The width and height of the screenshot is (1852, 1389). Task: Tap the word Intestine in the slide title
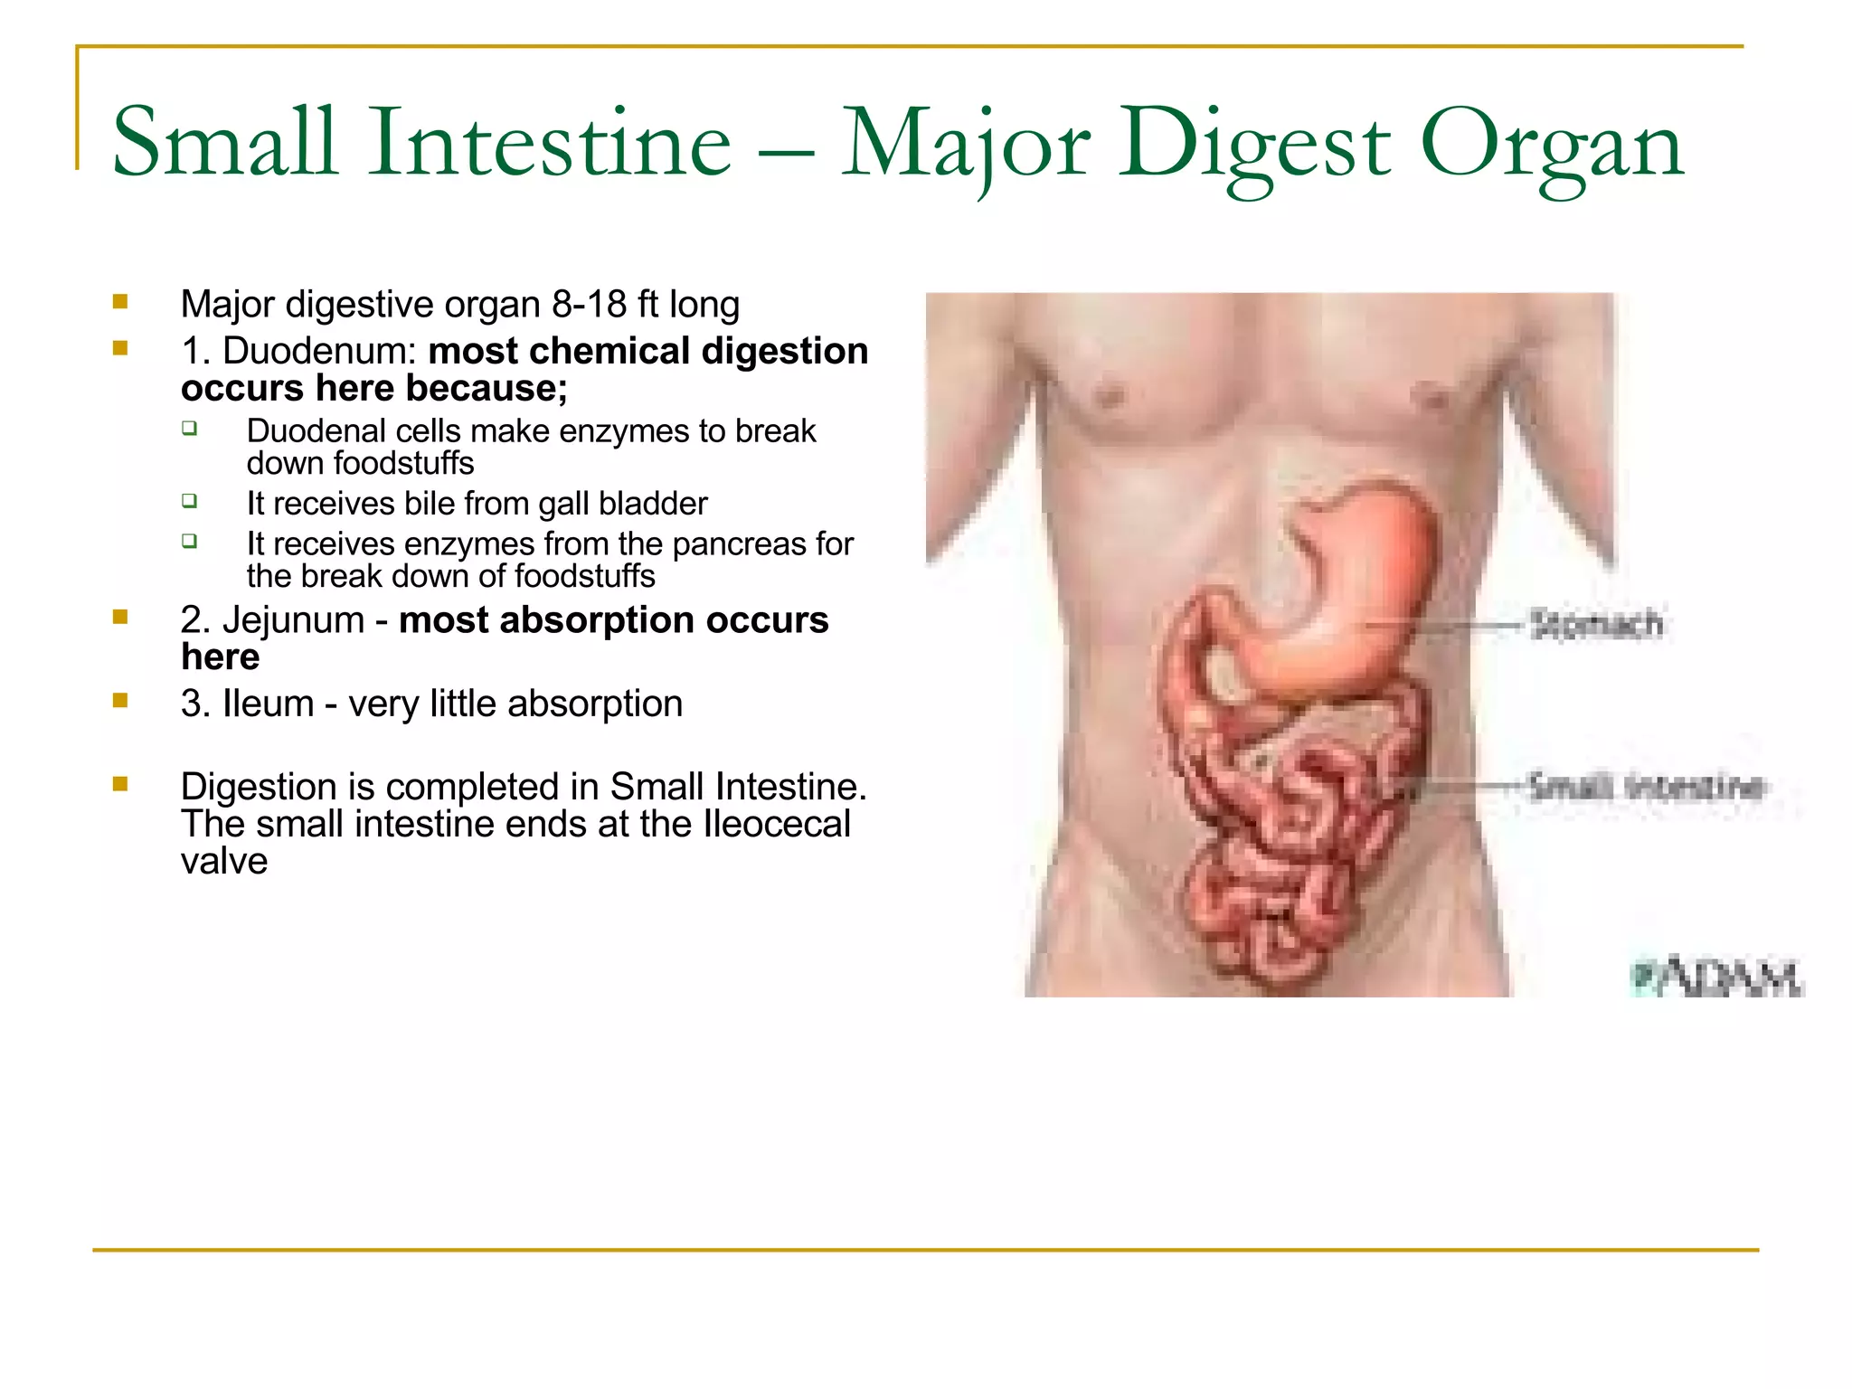click(x=549, y=143)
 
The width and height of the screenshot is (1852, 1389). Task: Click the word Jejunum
click(x=293, y=620)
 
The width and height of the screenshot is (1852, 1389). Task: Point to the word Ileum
click(x=268, y=704)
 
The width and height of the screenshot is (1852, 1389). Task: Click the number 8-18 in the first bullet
click(x=589, y=305)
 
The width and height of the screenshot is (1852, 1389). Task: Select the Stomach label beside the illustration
click(x=1596, y=624)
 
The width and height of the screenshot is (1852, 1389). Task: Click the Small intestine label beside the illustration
click(x=1646, y=786)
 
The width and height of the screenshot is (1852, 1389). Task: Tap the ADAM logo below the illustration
click(x=1715, y=978)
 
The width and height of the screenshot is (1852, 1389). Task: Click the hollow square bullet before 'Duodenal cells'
click(x=189, y=428)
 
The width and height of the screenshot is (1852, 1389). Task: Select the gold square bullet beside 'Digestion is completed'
click(x=120, y=784)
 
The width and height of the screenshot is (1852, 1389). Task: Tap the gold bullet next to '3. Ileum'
click(x=120, y=701)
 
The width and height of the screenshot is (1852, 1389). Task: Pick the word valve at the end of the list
click(x=224, y=862)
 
